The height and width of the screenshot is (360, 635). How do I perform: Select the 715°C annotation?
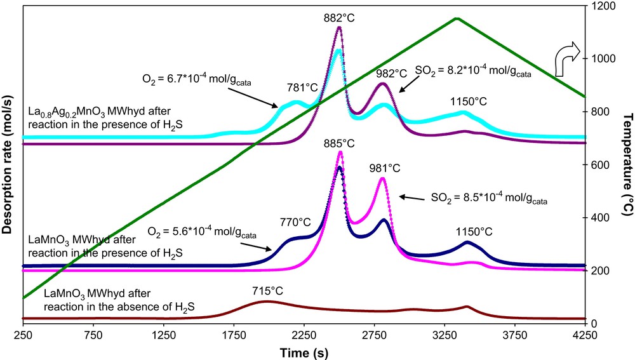(267, 291)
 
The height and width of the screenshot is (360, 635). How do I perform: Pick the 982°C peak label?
(383, 74)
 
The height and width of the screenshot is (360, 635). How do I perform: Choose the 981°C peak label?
(382, 169)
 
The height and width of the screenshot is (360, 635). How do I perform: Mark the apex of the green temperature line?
(456, 18)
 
